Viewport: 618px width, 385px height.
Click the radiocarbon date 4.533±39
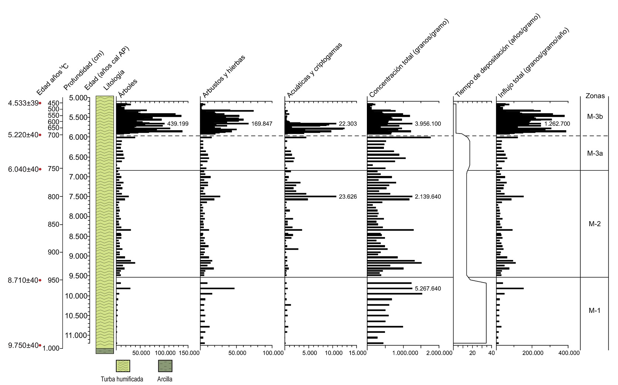click(x=23, y=103)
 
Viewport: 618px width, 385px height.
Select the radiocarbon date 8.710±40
click(x=23, y=280)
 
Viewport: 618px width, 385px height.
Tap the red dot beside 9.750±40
click(x=40, y=345)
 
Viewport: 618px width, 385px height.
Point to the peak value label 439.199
click(x=178, y=124)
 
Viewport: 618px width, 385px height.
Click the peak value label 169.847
click(x=261, y=124)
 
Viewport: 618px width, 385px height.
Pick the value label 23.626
click(x=348, y=196)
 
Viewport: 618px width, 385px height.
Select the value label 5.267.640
click(x=428, y=288)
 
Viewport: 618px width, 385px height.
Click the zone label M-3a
click(x=595, y=153)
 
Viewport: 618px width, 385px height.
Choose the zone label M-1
click(x=594, y=310)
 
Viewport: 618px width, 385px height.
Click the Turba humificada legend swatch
click(x=123, y=366)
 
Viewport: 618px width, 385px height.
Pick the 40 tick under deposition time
click(x=492, y=353)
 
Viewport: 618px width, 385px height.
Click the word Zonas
click(x=595, y=96)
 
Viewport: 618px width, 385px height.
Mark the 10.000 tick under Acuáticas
click(x=334, y=353)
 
